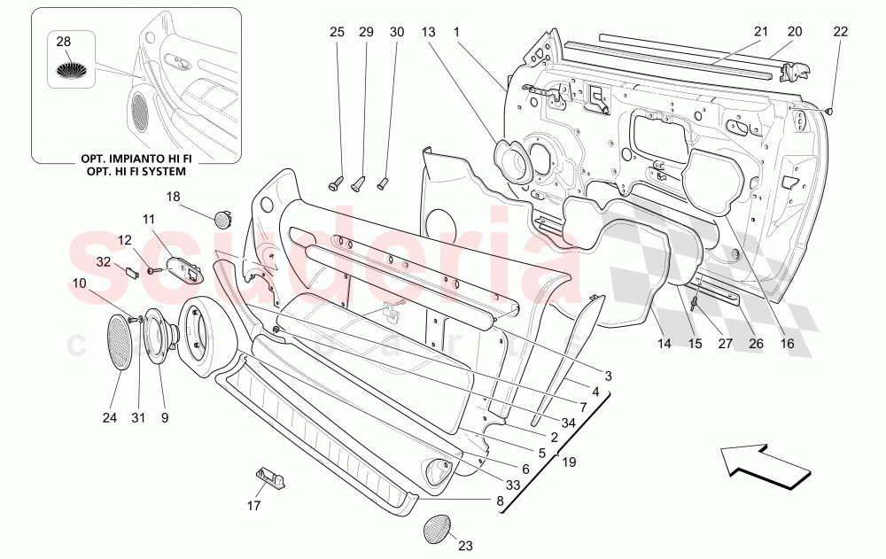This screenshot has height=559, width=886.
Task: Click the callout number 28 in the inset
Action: pyautogui.click(x=63, y=42)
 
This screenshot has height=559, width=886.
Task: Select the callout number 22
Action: pyautogui.click(x=840, y=32)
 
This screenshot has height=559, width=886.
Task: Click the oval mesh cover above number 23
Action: pyautogui.click(x=439, y=530)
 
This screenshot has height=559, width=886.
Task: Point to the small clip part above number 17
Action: pyautogui.click(x=270, y=477)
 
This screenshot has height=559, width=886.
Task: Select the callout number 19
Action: pyautogui.click(x=567, y=461)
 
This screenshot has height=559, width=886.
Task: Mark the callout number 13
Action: pyautogui.click(x=428, y=32)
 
